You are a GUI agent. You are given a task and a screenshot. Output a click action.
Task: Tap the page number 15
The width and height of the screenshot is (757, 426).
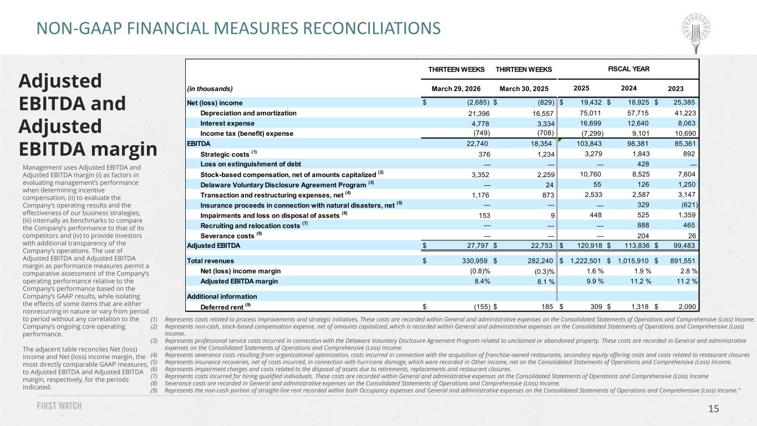point(713,409)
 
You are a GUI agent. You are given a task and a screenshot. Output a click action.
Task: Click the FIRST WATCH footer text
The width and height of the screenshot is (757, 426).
point(59,405)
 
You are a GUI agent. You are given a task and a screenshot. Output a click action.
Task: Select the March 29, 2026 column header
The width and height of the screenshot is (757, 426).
point(456,89)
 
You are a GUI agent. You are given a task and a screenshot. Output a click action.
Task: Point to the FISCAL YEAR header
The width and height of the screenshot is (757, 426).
point(628,69)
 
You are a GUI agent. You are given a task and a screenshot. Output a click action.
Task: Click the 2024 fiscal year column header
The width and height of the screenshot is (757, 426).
point(628,88)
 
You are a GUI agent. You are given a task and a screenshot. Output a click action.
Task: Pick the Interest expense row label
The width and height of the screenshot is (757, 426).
point(227,123)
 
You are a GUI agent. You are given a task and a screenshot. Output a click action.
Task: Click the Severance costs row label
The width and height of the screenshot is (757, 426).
point(227,236)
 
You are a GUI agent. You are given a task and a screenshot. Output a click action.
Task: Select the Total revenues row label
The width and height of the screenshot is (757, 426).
point(210,261)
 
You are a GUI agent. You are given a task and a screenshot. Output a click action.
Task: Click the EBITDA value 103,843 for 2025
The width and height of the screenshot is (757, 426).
point(589,144)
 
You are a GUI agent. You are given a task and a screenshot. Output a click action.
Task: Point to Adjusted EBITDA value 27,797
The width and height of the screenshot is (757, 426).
point(477,246)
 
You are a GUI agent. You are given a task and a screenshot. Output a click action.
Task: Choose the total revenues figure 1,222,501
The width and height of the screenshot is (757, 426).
point(586,261)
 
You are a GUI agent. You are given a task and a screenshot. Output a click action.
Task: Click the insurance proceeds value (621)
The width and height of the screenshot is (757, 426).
point(689,205)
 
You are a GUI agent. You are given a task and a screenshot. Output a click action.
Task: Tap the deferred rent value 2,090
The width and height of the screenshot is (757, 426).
point(687,307)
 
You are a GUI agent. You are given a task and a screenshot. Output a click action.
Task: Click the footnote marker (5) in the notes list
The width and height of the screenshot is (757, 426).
point(154,362)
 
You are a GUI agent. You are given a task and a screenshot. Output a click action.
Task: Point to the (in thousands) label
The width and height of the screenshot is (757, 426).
point(210,89)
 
